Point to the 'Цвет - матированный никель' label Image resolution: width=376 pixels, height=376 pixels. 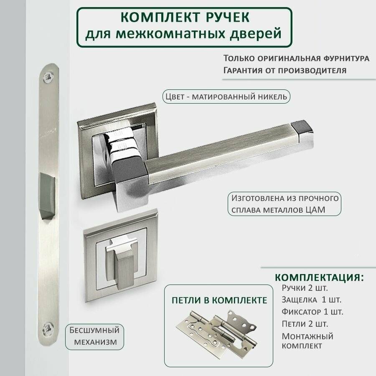[226, 97]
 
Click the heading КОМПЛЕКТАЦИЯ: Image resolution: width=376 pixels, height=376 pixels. [319, 278]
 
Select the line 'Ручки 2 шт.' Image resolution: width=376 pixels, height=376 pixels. [305, 288]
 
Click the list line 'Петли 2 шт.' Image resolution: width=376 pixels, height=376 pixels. [305, 324]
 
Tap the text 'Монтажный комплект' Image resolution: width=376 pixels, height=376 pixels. [307, 340]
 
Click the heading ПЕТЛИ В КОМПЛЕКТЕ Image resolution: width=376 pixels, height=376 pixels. [219, 300]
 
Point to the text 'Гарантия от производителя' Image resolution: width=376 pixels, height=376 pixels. [285, 70]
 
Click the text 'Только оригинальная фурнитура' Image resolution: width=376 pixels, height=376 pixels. [296, 58]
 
